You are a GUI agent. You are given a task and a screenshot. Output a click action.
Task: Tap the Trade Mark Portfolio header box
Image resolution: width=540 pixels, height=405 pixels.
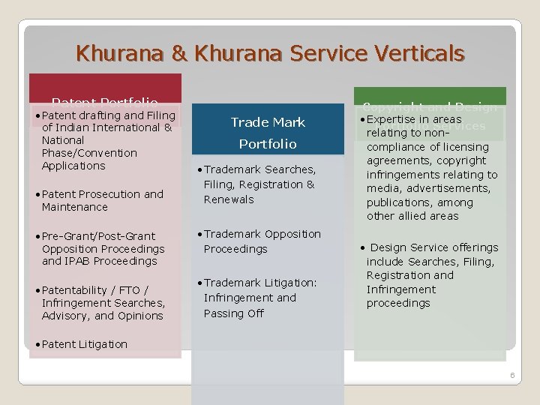tap(268, 132)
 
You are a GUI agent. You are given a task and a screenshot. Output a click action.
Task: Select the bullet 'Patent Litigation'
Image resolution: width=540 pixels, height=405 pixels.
tap(84, 344)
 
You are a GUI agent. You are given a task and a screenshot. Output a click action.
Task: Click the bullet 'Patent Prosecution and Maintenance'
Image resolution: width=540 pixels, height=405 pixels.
tap(102, 200)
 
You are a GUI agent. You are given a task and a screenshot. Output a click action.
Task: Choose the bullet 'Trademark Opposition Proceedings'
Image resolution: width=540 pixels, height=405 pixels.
tap(262, 241)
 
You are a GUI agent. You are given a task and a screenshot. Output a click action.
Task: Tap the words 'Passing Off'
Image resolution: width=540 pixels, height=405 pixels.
tap(234, 313)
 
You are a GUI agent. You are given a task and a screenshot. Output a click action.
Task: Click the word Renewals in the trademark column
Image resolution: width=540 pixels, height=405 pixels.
tap(229, 199)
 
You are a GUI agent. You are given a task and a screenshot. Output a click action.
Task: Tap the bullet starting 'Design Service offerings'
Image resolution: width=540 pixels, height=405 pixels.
tap(433, 247)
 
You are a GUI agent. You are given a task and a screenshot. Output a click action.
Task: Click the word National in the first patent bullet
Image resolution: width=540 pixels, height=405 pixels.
tap(63, 140)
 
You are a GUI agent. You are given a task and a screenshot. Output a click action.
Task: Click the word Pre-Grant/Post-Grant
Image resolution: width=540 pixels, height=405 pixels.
tap(99, 236)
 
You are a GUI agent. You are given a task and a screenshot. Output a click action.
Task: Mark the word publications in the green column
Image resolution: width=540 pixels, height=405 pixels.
tap(398, 202)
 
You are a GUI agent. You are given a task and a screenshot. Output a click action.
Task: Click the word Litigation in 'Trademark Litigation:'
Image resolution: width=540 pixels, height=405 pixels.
tap(289, 283)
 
